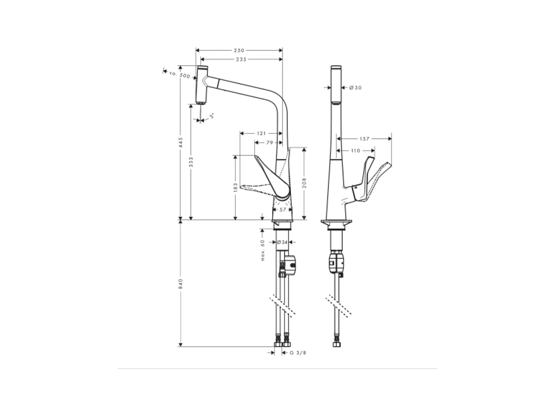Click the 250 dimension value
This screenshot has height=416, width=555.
click(239, 51)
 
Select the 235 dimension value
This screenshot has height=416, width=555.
click(241, 59)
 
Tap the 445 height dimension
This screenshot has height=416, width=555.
click(181, 142)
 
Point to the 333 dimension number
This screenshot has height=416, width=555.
click(191, 162)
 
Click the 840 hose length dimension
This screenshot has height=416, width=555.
click(181, 284)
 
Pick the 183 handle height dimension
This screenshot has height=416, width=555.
click(236, 187)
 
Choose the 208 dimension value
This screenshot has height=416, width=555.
click(304, 183)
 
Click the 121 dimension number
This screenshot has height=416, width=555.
click(261, 133)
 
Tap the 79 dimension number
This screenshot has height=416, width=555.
click(270, 143)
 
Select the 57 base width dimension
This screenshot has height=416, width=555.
click(282, 210)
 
